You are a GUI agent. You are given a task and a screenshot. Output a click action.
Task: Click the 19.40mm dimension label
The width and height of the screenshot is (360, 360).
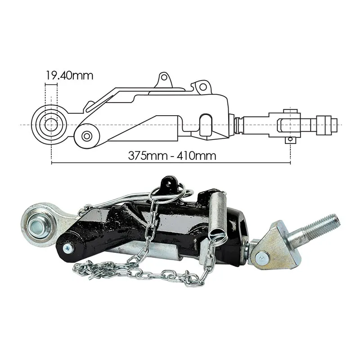point(70,75)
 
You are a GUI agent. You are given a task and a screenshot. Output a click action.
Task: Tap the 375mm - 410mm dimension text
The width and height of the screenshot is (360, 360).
point(172,156)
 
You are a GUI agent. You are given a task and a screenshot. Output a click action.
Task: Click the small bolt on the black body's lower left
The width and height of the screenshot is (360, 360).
point(68,248)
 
